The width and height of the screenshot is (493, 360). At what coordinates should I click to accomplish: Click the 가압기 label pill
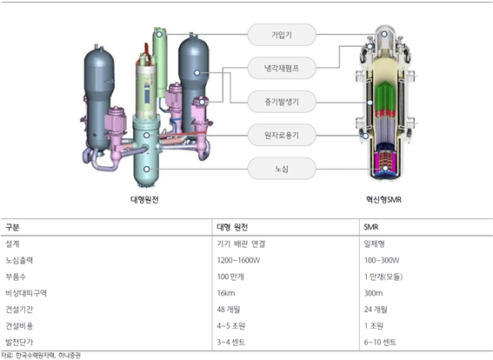(x=282, y=35)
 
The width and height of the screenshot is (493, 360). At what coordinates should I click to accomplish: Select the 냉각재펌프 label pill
(x=282, y=68)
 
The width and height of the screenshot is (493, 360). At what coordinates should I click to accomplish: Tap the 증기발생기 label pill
(x=282, y=102)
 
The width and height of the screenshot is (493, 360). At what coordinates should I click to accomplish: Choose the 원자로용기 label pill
(x=282, y=135)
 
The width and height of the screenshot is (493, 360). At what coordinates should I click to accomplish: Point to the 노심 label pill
(x=282, y=169)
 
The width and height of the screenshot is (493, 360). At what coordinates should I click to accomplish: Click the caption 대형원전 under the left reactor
(x=144, y=200)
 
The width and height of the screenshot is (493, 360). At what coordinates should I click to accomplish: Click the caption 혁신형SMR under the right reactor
(x=383, y=200)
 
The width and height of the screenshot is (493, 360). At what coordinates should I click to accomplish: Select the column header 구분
(x=12, y=227)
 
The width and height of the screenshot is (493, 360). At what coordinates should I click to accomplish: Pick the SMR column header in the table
(x=371, y=227)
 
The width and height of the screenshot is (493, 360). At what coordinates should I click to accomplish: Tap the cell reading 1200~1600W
(x=238, y=260)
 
